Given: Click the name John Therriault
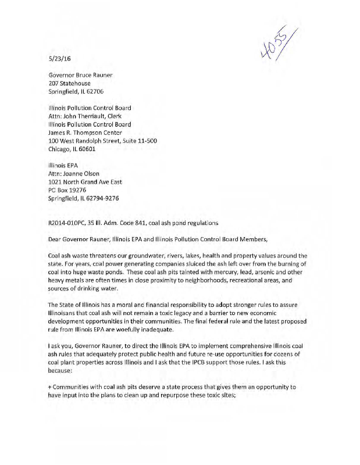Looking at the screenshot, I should (88, 116).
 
